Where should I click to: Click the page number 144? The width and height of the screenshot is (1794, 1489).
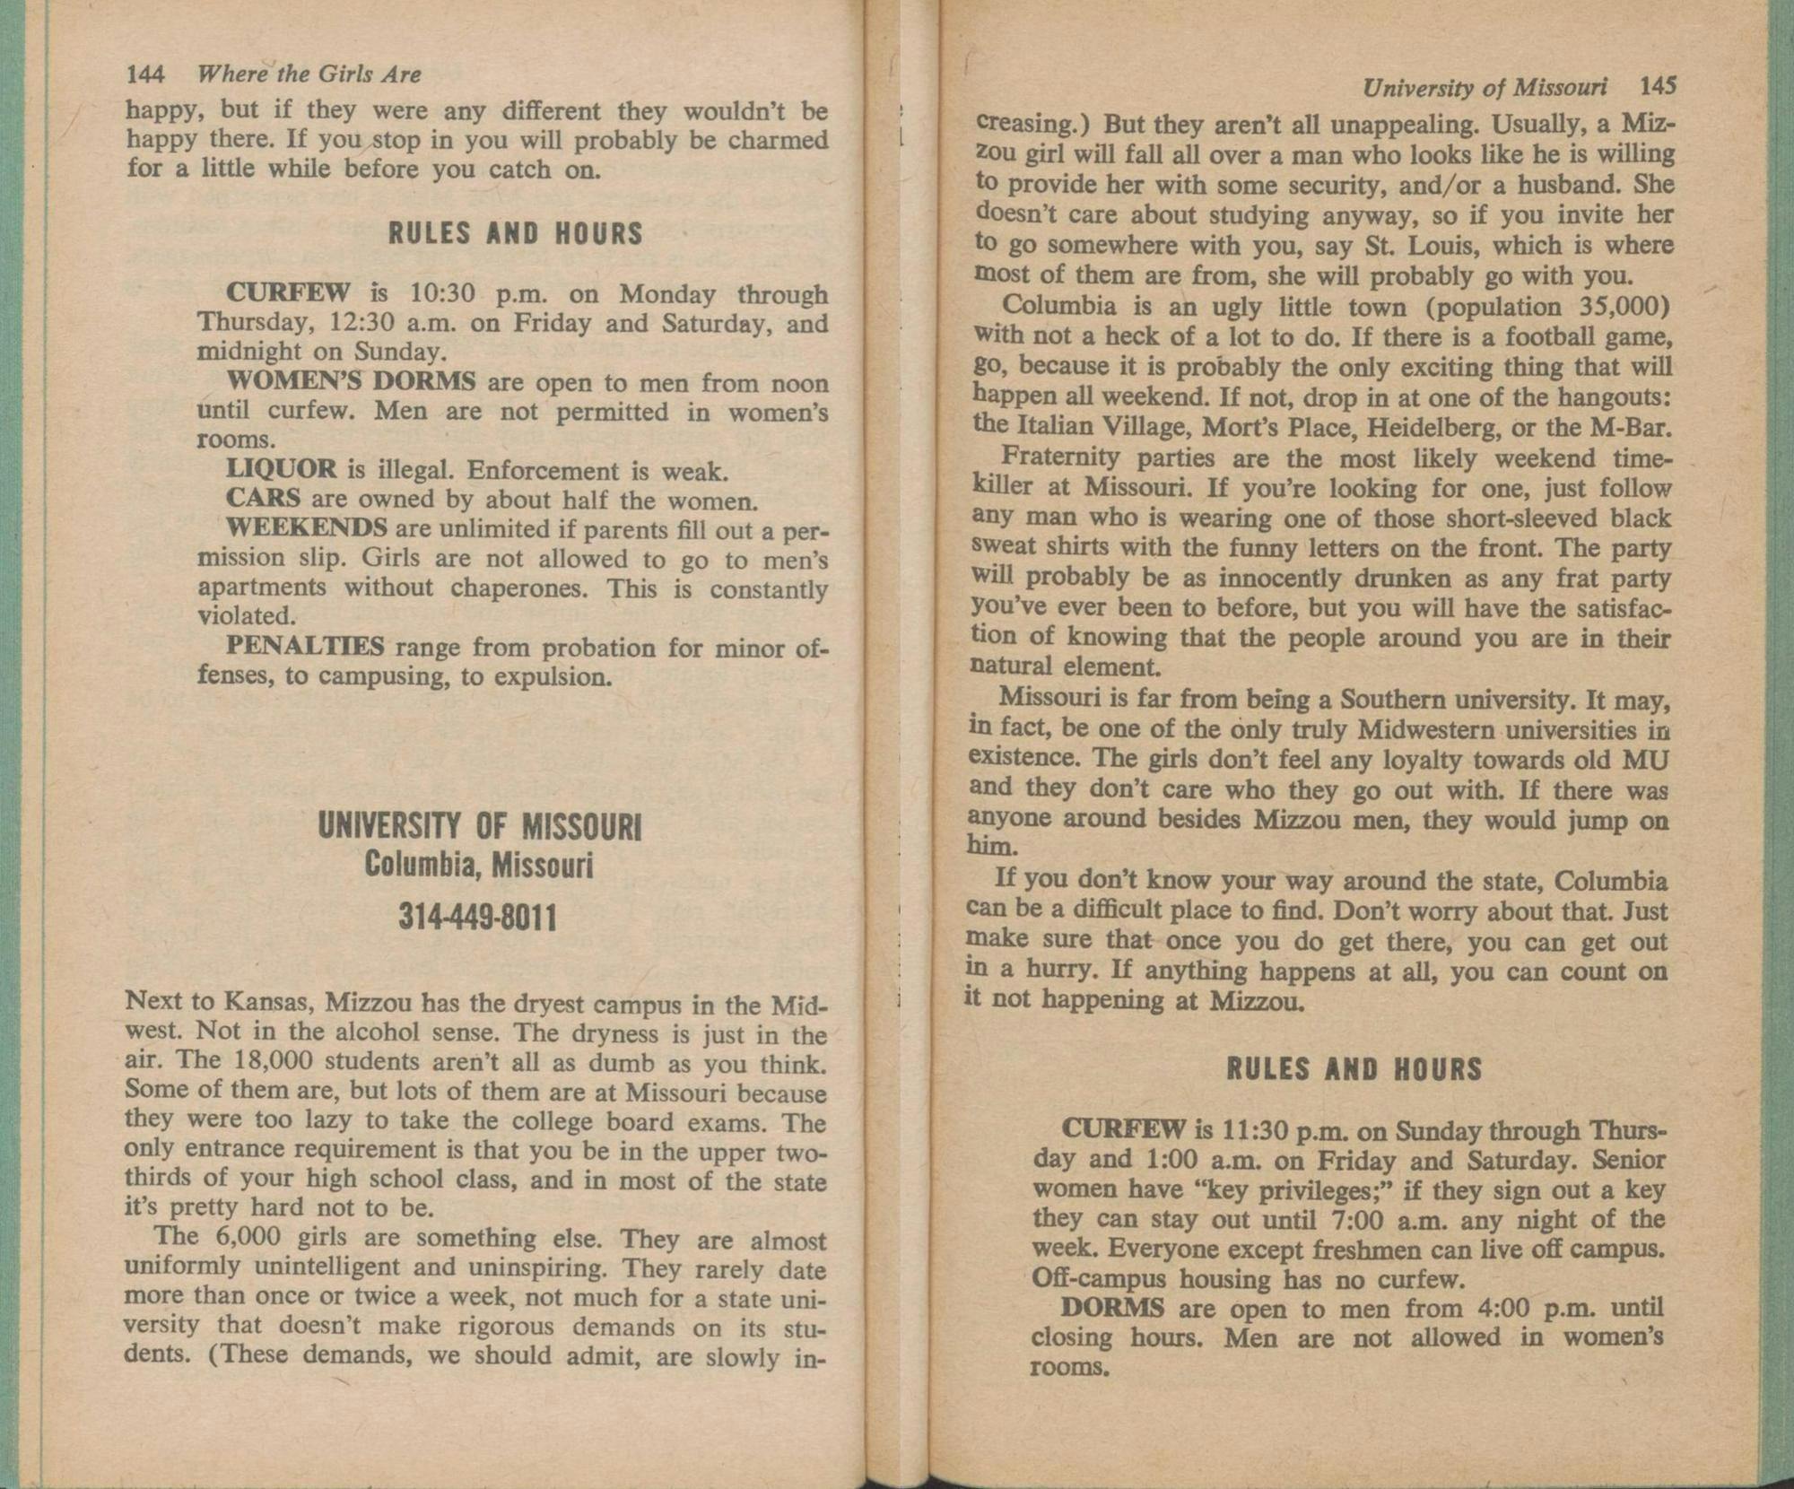(x=145, y=74)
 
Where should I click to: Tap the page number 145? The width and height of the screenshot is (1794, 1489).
(x=1658, y=86)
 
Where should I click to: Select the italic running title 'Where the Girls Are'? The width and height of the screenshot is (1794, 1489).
(x=309, y=74)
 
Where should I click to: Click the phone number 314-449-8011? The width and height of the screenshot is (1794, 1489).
(x=478, y=918)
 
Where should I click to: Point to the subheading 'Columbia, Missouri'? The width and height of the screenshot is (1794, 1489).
(x=478, y=866)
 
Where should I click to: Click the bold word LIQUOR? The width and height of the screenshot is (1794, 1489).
(x=281, y=469)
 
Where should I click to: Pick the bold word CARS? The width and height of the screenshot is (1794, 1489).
(x=262, y=498)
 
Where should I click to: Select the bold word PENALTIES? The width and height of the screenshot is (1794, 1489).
(x=305, y=646)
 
